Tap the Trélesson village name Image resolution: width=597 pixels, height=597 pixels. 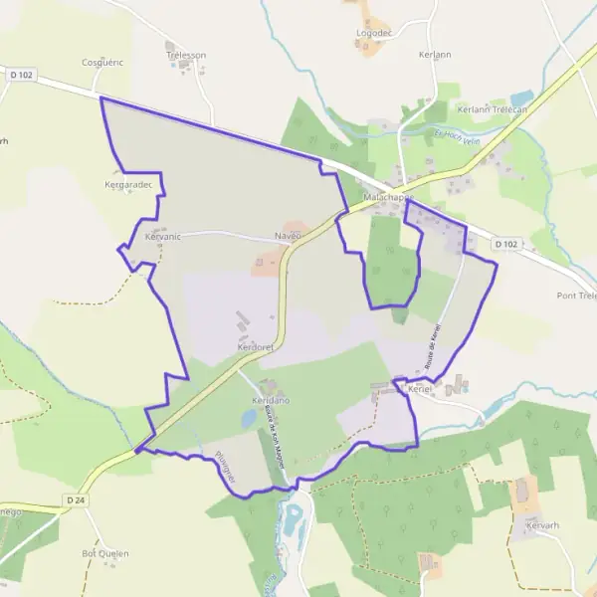click(186, 56)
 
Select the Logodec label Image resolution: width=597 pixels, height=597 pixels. click(374, 33)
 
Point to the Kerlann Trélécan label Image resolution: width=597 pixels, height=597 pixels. click(492, 109)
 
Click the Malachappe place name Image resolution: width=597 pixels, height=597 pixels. click(388, 197)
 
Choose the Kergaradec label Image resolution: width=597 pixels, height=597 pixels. click(127, 184)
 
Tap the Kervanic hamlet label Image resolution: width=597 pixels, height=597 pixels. click(162, 237)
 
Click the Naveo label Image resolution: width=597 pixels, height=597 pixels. click(288, 236)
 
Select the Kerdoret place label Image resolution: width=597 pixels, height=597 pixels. click(256, 347)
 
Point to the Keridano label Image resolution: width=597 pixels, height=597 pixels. click(270, 399)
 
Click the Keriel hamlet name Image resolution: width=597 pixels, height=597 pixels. click(418, 389)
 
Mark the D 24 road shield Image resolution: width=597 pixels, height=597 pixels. click(75, 498)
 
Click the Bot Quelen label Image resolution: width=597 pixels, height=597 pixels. click(105, 553)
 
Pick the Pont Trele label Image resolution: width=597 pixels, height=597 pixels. click(576, 296)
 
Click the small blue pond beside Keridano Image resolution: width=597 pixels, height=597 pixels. click(250, 419)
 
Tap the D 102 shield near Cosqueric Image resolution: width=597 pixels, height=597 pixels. click(19, 74)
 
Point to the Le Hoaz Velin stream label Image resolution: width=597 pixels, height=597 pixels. click(457, 136)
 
